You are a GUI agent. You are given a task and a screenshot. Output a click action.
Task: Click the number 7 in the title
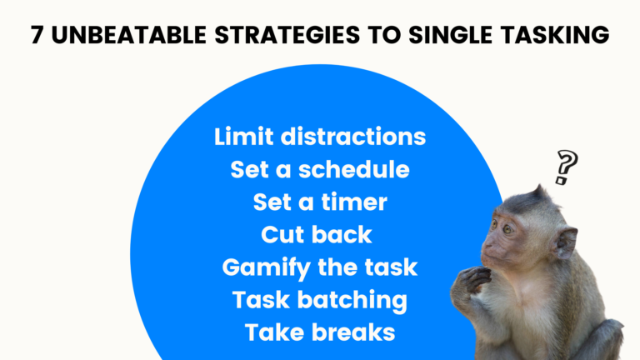point(37,37)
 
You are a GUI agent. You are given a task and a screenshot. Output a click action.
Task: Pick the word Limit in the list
point(242,137)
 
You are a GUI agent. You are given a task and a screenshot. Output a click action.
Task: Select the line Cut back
point(317,234)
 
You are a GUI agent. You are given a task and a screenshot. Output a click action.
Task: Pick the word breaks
point(350,332)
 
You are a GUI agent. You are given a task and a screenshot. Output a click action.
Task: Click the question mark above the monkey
point(566,167)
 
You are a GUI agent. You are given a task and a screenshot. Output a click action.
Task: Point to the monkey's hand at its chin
point(475,279)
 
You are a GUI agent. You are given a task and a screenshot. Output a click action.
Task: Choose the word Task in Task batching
point(262,300)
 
